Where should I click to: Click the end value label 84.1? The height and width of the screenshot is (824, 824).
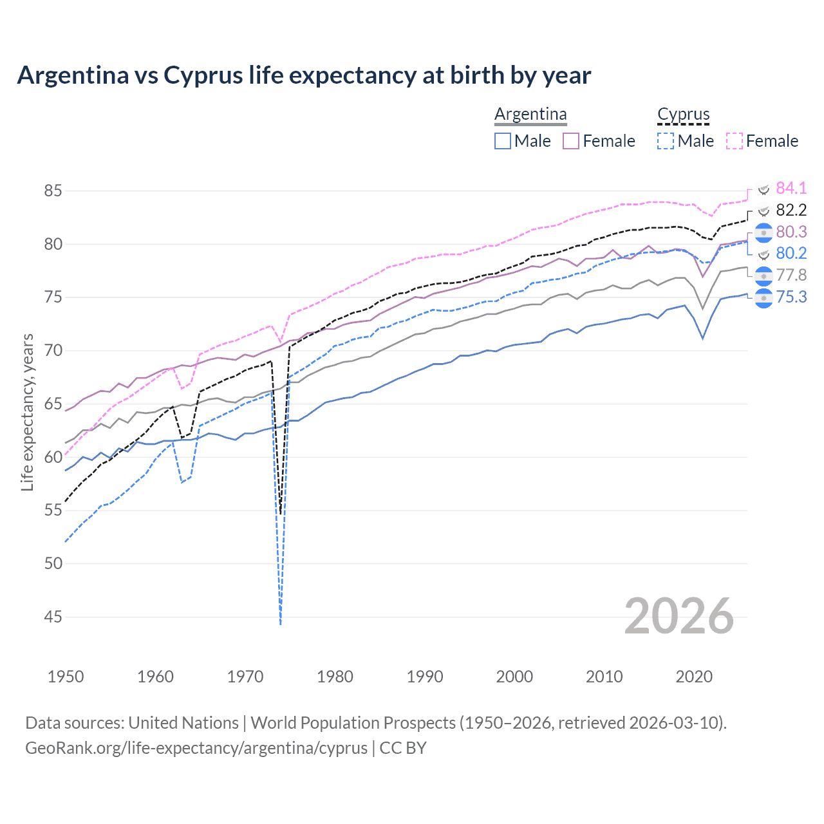(791, 188)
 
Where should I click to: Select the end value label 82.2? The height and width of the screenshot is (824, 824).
(791, 210)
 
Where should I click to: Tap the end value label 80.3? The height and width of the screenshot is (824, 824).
(791, 232)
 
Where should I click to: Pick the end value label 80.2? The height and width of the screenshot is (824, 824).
(791, 253)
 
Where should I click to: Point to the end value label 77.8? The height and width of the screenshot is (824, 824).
(791, 275)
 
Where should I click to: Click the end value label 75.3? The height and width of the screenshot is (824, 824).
(791, 297)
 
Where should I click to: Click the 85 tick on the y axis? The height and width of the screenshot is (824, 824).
(53, 191)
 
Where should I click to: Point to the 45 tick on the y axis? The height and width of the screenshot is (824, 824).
(53, 617)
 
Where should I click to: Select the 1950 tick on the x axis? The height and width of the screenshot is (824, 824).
(66, 677)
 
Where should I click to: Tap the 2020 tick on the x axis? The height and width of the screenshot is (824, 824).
(694, 677)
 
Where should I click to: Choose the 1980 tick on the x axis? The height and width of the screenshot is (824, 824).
(335, 677)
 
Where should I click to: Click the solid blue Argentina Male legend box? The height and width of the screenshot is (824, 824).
(503, 141)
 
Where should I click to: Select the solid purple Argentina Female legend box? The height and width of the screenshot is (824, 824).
(571, 141)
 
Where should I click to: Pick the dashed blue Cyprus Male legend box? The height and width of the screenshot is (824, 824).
(666, 141)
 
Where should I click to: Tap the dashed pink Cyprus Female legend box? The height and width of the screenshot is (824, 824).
(735, 141)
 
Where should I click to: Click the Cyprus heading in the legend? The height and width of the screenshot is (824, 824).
(683, 115)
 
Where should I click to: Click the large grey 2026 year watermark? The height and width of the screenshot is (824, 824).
(679, 616)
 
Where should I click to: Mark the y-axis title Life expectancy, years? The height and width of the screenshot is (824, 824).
(27, 412)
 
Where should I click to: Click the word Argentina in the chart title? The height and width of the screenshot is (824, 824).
(73, 75)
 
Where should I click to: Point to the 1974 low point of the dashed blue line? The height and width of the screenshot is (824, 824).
(281, 623)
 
